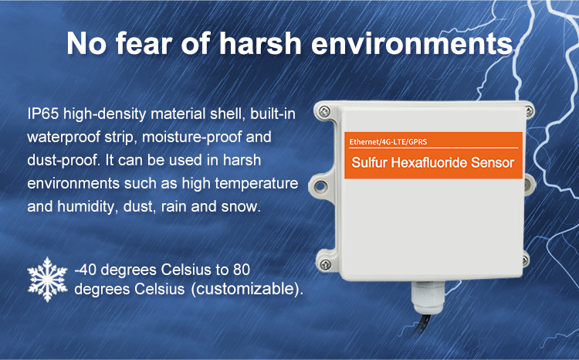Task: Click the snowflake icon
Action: point(47,280)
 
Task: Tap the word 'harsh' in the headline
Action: point(261,43)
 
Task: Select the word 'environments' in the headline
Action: point(412,44)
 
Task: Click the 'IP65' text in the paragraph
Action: point(43,114)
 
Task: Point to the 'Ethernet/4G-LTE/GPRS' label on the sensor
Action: point(388,142)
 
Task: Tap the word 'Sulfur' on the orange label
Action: point(369,163)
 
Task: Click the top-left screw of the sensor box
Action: point(324,111)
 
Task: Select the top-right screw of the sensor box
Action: point(529,111)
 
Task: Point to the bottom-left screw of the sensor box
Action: point(325,265)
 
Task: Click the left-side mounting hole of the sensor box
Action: point(320,186)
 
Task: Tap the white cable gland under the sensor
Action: point(428,297)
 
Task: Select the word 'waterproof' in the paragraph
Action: point(63,138)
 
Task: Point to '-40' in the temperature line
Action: point(85,270)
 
